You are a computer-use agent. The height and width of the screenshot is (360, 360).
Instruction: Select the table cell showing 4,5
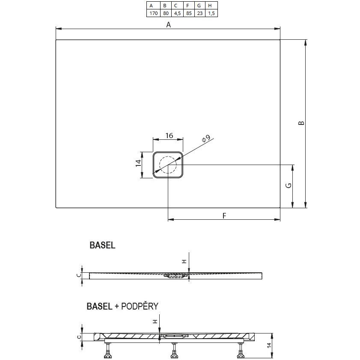coord(176,13)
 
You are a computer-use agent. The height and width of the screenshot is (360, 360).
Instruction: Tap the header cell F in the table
coord(187,6)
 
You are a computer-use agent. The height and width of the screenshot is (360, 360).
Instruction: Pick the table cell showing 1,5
coord(210,13)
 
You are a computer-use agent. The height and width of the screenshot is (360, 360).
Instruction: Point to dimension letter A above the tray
coord(169,25)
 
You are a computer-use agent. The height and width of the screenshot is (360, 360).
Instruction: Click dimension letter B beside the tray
coord(301,123)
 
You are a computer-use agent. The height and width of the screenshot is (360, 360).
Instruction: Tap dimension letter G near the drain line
coord(289,185)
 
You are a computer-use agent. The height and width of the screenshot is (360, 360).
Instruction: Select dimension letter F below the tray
coord(224,215)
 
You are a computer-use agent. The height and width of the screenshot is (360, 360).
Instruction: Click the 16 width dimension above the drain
coord(169,136)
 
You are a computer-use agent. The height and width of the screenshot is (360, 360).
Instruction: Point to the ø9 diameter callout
coord(205,139)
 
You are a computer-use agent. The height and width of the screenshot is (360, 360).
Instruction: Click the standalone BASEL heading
coord(102,245)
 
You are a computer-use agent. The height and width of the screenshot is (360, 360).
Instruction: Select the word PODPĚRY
coord(140,306)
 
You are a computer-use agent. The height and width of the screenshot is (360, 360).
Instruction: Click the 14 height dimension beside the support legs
coord(269,345)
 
